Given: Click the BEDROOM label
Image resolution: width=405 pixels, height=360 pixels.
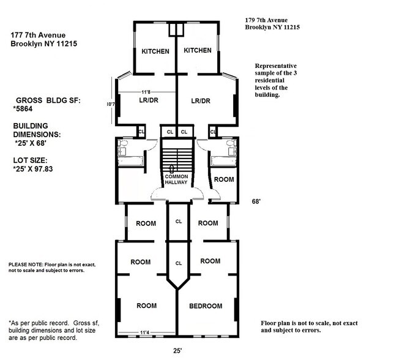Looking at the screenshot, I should click(206, 306).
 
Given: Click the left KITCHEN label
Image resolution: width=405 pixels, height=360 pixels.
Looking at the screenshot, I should click(155, 51).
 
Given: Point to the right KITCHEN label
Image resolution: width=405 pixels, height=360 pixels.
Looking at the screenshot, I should click(198, 50).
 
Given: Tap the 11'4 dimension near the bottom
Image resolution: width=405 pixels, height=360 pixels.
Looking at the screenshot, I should click(145, 333).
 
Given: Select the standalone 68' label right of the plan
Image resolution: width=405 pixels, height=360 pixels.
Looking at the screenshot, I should click(257, 201).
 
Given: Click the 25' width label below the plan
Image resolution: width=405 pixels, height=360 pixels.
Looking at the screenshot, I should click(177, 352).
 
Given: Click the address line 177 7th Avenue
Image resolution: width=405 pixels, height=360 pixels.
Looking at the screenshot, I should click(38, 35).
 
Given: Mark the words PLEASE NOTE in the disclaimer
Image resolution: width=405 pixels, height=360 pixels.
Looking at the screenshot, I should click(25, 264).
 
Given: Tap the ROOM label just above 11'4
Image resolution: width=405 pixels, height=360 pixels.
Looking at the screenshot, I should click(146, 306).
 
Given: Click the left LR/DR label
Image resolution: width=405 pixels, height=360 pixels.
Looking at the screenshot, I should click(150, 101).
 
